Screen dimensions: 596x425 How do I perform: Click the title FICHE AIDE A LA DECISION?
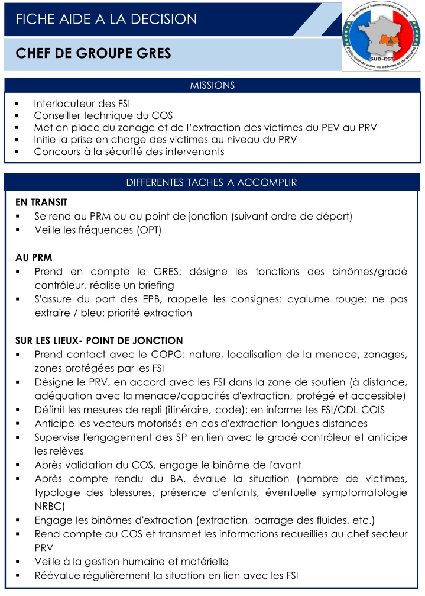[x=106, y=19]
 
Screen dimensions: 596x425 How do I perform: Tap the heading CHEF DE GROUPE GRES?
[x=93, y=54]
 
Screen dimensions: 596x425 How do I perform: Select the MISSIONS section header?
[x=212, y=85]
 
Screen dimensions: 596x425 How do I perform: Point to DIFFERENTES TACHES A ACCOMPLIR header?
[x=212, y=182]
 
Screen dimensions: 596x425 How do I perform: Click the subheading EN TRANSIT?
[x=41, y=202]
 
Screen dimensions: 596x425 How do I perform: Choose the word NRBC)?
[x=50, y=507]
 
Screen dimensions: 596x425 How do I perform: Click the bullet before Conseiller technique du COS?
[x=18, y=115]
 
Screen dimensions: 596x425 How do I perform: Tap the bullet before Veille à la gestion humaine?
[x=18, y=561]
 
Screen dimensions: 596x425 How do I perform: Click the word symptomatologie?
[x=364, y=492]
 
